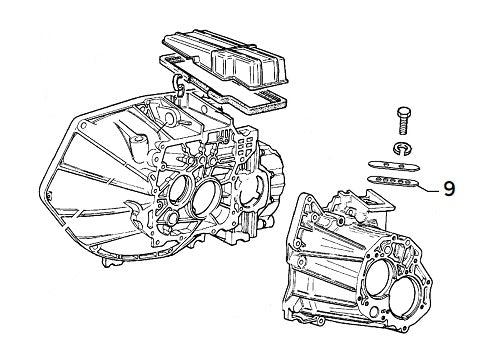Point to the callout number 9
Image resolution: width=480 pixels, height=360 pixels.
click(x=449, y=186)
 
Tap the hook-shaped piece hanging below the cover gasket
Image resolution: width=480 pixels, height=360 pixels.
click(x=178, y=80)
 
